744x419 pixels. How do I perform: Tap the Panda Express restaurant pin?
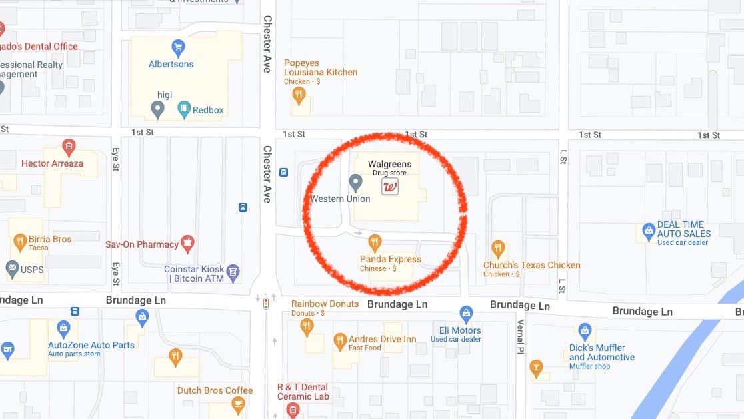click(375, 242)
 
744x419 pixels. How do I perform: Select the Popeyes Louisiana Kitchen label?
click(321, 67)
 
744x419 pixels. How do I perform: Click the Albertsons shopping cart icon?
click(178, 48)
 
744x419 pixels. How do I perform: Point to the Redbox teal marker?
click(184, 109)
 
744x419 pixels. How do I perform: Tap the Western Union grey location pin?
click(356, 182)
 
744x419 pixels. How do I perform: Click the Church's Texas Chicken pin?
click(498, 250)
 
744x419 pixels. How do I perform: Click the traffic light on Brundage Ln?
click(266, 303)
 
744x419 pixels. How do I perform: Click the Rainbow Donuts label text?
click(325, 304)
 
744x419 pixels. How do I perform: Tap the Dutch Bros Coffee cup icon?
click(237, 404)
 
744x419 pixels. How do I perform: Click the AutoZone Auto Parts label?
click(91, 345)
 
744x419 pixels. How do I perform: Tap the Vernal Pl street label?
click(521, 336)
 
